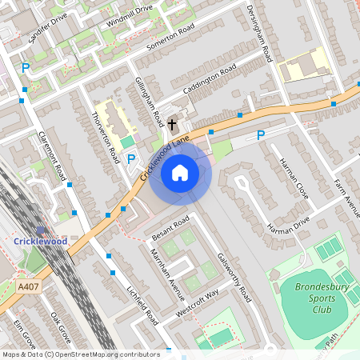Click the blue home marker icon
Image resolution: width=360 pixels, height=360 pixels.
tap(180, 172)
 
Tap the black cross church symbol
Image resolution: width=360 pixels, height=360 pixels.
tap(172, 125)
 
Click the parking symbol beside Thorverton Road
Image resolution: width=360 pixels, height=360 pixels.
tap(131, 159)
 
